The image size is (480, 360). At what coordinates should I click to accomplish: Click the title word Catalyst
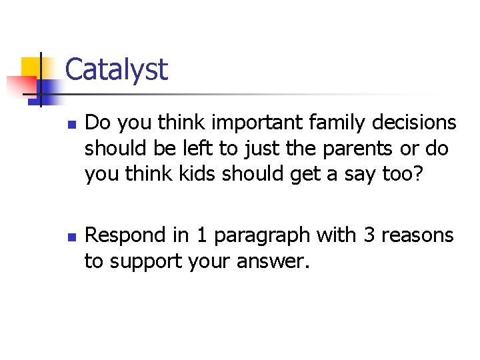pos(117,69)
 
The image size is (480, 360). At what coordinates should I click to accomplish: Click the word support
pos(143,262)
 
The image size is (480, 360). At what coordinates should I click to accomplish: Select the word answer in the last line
pos(274,261)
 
